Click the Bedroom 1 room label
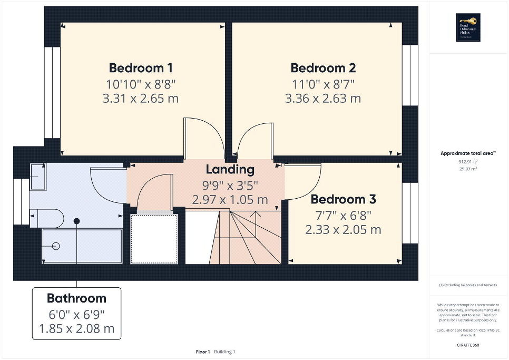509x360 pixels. click(140, 68)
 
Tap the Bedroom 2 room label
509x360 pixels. click(323, 68)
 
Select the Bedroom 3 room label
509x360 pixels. click(343, 200)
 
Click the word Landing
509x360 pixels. click(230, 170)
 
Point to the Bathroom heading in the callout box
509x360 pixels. click(76, 298)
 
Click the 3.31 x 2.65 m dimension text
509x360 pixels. click(140, 99)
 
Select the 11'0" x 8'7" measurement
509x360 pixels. click(323, 83)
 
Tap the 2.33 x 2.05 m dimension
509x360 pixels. click(343, 230)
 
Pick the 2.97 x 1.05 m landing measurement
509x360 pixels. click(230, 200)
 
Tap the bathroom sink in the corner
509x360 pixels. click(37, 176)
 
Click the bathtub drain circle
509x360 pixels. click(56, 246)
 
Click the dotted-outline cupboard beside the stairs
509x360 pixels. click(154, 239)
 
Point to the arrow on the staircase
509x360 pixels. click(257, 214)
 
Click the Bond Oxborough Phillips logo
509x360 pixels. click(466, 27)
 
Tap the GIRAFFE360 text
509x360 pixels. click(468, 345)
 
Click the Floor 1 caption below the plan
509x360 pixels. click(202, 352)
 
